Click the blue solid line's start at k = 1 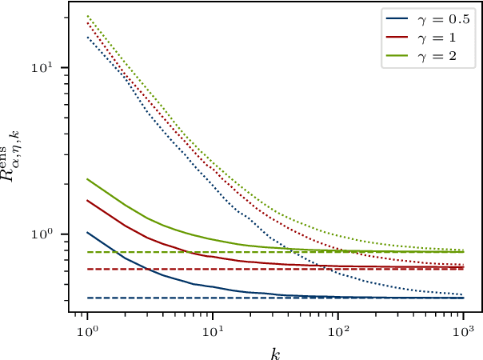tap(87, 232)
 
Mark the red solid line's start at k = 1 tap(87, 200)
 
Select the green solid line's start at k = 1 tap(87, 178)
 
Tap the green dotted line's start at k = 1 tap(87, 16)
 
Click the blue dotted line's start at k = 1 tap(87, 37)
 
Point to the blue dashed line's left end tap(87, 298)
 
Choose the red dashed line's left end tap(87, 269)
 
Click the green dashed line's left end tap(87, 252)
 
